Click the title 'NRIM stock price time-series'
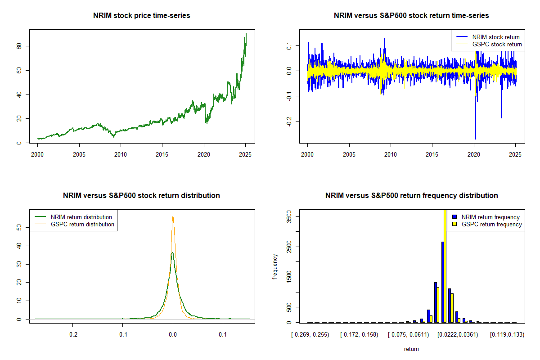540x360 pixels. [142, 16]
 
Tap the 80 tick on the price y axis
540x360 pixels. [23, 46]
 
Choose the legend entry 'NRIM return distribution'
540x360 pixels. [81, 217]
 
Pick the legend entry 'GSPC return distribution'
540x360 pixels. [81, 225]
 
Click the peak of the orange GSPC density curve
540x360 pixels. [173, 216]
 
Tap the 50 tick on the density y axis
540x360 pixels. [23, 228]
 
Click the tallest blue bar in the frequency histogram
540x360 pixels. [443, 282]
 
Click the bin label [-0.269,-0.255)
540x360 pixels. [310, 335]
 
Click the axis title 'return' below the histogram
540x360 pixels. [411, 349]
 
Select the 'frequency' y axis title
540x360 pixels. [275, 267]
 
